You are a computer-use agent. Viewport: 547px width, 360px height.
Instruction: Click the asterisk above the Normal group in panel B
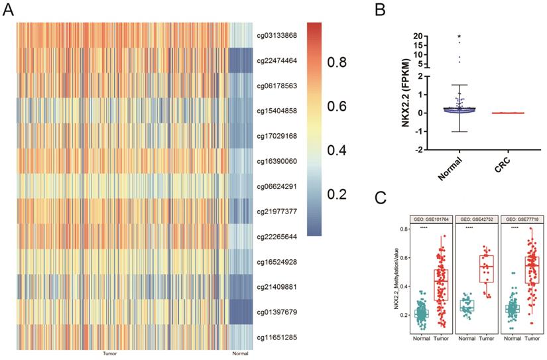(x=459, y=37)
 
